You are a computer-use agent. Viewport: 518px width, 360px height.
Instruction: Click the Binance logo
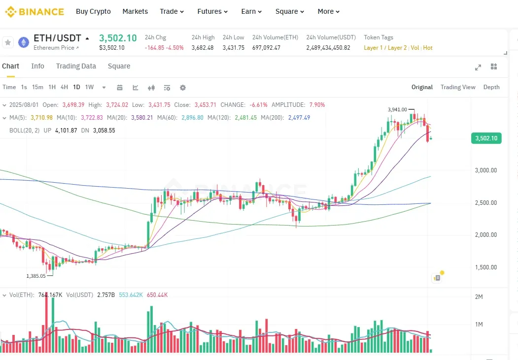tap(35, 11)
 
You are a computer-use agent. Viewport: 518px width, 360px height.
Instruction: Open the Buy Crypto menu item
tap(93, 11)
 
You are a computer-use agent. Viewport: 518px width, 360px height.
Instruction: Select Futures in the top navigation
tap(212, 11)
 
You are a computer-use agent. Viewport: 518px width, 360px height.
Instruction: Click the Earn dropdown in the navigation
tap(251, 11)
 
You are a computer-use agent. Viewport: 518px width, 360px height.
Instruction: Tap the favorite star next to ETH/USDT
tap(8, 42)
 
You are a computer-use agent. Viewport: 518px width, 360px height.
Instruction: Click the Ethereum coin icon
tap(24, 42)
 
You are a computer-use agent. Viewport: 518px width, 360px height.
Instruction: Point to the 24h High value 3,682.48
tap(203, 48)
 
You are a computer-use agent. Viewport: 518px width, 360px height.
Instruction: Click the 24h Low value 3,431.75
tap(233, 48)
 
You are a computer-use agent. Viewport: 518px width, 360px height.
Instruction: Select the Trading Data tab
tap(76, 66)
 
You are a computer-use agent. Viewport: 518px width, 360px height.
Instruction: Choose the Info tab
tap(37, 66)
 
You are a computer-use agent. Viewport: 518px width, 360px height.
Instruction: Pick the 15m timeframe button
tap(37, 87)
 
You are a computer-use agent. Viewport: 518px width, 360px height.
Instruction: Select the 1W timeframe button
tap(89, 87)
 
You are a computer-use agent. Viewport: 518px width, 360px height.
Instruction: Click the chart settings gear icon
tap(183, 88)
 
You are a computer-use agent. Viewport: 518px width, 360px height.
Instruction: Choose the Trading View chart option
tap(458, 87)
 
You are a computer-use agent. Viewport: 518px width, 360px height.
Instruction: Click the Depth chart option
tap(491, 87)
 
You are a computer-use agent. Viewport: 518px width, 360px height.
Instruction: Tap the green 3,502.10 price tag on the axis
tap(486, 138)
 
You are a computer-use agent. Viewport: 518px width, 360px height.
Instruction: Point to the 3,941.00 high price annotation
tap(397, 109)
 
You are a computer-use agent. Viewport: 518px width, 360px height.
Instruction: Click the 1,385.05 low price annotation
tap(36, 276)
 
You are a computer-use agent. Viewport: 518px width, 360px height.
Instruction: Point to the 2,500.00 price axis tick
tap(485, 203)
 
